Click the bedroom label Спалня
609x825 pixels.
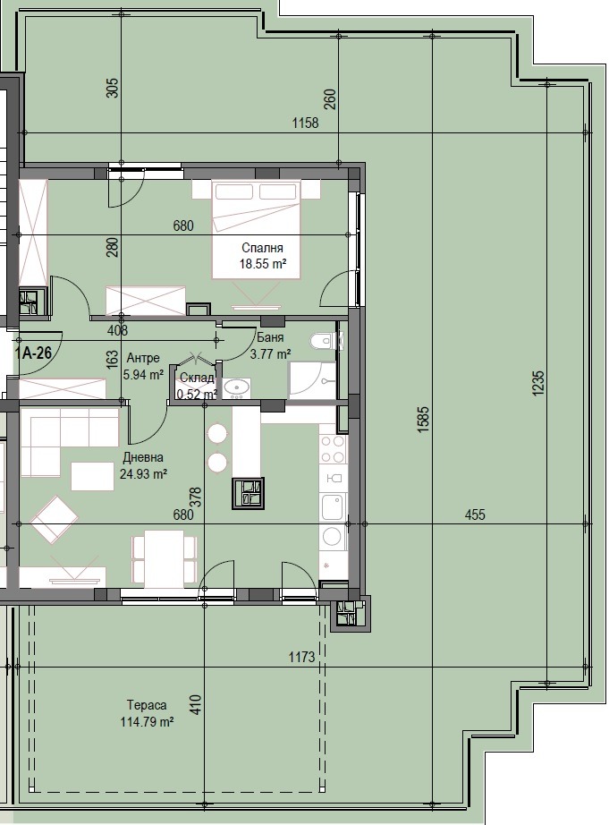click(x=262, y=248)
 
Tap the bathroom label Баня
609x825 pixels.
click(x=270, y=338)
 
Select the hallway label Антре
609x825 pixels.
click(x=143, y=359)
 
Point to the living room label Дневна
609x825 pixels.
click(x=143, y=458)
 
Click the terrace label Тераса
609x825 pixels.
click(x=147, y=705)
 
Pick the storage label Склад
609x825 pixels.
click(x=197, y=378)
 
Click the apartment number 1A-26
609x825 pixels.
click(x=34, y=353)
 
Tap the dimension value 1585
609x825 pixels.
click(x=424, y=419)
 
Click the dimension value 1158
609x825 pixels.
click(x=306, y=123)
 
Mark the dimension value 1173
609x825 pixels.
click(x=302, y=657)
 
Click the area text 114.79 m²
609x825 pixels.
click(x=148, y=722)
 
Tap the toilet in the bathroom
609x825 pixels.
click(x=322, y=341)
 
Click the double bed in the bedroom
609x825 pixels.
click(x=257, y=228)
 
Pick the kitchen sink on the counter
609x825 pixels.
click(x=333, y=506)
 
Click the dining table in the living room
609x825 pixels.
click(x=164, y=558)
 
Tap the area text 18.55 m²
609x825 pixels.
click(x=263, y=264)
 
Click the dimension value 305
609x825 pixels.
click(x=113, y=88)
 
